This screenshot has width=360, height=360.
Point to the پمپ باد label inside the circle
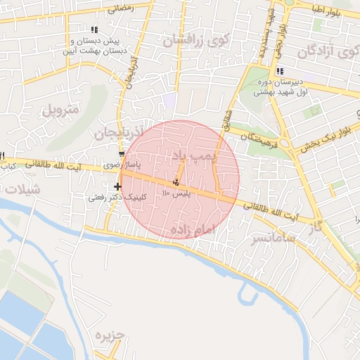click(x=191, y=153)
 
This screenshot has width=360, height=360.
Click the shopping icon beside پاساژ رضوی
click(x=122, y=153)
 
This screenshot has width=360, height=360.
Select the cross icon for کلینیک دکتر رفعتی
click(x=117, y=186)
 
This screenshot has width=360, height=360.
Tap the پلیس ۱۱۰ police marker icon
click(x=176, y=184)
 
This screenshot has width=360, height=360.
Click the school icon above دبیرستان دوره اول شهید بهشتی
click(x=280, y=71)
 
